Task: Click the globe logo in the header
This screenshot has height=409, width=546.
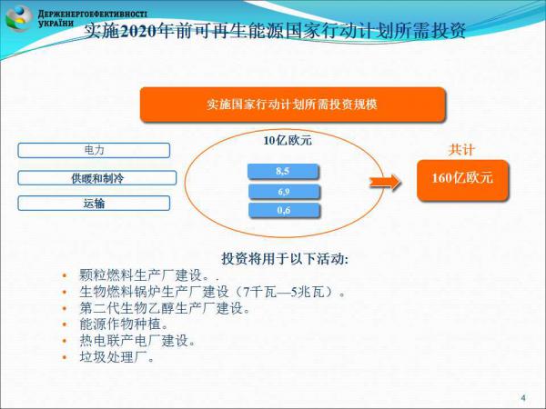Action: click(x=18, y=18)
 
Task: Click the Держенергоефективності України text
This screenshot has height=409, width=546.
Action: click(x=92, y=18)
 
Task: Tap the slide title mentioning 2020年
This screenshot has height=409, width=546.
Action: click(x=275, y=31)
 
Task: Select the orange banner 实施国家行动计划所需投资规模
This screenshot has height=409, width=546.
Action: click(x=292, y=105)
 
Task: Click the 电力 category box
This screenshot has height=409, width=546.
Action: click(x=94, y=150)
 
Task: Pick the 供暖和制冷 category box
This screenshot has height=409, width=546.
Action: click(x=97, y=178)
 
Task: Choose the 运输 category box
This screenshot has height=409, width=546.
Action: click(x=94, y=203)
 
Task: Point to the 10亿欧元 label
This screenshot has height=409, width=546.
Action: click(x=288, y=141)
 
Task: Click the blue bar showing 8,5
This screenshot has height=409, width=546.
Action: click(x=283, y=171)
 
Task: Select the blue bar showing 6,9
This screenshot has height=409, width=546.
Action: click(x=284, y=191)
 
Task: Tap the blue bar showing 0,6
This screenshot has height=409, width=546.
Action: click(x=284, y=211)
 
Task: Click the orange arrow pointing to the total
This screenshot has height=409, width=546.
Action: click(x=385, y=182)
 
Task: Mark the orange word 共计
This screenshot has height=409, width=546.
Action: click(x=461, y=150)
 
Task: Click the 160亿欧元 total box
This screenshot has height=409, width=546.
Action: click(x=463, y=180)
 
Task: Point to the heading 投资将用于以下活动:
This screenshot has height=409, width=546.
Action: click(x=285, y=259)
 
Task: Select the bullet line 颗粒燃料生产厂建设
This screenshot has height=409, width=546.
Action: click(x=149, y=275)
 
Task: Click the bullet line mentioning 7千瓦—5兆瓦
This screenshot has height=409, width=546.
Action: click(x=212, y=292)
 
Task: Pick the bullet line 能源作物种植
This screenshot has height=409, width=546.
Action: click(x=124, y=324)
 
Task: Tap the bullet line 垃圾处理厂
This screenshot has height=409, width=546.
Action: click(x=117, y=357)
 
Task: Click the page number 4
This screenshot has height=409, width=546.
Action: click(x=523, y=397)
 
